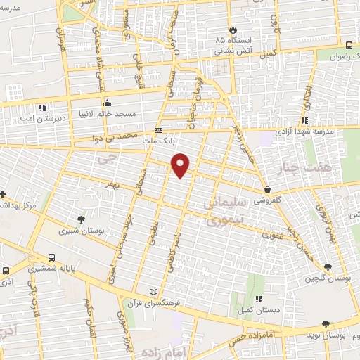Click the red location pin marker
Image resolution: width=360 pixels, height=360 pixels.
coord(181,165)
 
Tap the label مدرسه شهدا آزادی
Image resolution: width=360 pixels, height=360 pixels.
coord(304,133)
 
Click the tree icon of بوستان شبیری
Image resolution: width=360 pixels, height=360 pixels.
coord(82,219)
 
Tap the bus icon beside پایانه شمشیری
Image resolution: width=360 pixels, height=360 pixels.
coord(53,258)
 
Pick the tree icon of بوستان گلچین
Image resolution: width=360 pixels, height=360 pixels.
coord(328,267)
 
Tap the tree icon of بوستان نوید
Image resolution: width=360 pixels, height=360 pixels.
coord(325,324)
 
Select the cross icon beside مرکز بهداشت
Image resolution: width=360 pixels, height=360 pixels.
coord(4,193)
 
